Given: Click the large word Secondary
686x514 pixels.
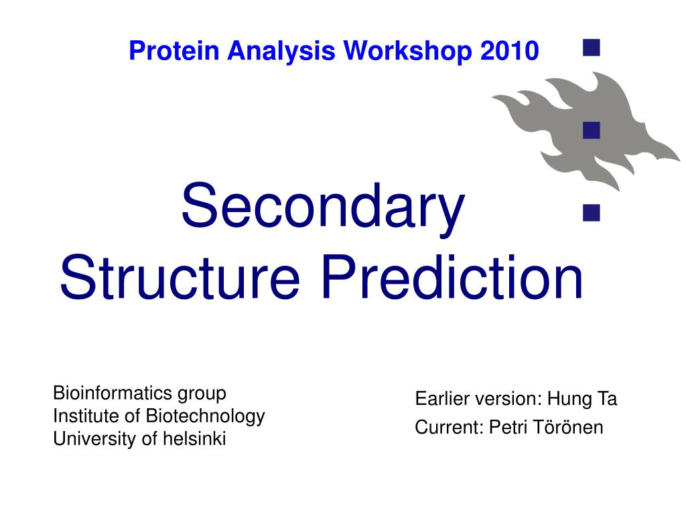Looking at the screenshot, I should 322,207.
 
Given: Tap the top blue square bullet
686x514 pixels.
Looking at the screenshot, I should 590,47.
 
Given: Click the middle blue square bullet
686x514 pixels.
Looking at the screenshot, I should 590,130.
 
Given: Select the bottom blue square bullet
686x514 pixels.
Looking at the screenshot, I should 590,213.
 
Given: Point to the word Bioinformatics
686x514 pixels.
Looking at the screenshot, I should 113,393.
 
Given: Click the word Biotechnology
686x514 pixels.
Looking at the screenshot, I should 205,416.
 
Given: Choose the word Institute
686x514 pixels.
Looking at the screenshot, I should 86,416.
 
